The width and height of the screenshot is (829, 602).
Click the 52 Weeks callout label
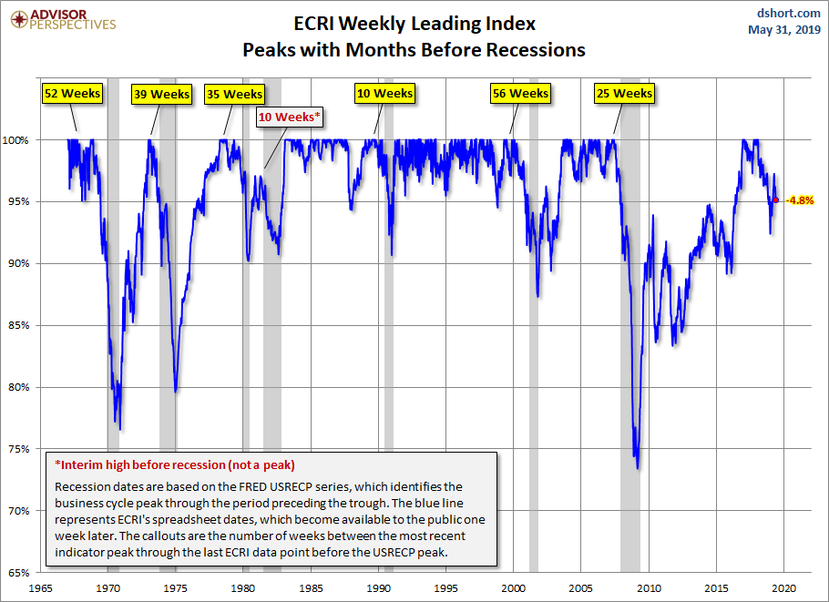point(72,93)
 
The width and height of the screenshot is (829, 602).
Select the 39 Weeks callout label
point(161,94)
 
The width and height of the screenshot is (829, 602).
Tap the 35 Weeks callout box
point(234,94)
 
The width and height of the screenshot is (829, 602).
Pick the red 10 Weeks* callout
point(291,117)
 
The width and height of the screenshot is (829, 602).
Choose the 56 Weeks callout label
point(520,93)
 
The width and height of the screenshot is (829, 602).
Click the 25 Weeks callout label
point(624,93)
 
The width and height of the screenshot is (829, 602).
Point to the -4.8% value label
point(800,199)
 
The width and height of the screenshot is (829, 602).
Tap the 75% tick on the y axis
point(20,449)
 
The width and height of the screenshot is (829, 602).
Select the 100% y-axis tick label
point(18,140)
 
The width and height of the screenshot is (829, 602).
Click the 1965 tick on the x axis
point(41,587)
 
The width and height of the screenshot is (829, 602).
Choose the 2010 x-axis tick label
point(650,587)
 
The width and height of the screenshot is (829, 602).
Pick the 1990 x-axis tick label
point(379,587)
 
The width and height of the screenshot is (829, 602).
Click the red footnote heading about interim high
point(175,464)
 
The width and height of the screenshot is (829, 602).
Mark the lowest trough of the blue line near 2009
point(637,468)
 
